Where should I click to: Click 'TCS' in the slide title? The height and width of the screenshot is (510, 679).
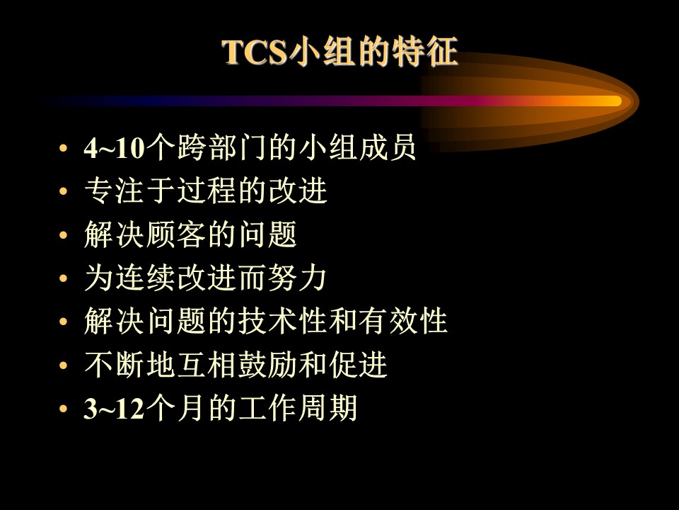(255, 52)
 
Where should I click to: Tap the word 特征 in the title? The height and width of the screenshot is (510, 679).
(425, 52)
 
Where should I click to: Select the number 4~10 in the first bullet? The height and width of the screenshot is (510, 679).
(114, 148)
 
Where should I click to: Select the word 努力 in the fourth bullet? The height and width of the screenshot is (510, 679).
(297, 278)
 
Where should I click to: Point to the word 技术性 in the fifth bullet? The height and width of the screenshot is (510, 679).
(282, 322)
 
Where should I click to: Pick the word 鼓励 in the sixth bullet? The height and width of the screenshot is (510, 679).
(267, 365)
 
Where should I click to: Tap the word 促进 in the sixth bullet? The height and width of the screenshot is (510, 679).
(358, 365)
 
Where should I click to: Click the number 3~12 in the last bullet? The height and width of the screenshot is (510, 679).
(114, 409)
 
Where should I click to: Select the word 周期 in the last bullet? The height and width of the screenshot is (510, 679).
(327, 408)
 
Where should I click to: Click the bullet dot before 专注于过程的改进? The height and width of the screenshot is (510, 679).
(64, 191)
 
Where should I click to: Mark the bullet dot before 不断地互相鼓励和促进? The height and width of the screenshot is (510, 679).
(64, 365)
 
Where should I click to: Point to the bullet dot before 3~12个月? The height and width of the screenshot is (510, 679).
(64, 409)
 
